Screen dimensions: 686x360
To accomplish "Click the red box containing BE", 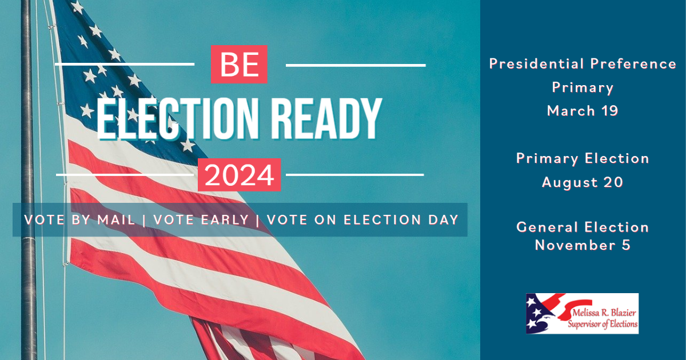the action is point(239,64).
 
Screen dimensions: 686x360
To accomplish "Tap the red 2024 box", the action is point(239,175).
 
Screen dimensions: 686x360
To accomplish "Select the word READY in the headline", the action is point(326,119).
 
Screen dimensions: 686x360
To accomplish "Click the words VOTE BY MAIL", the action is point(79,220).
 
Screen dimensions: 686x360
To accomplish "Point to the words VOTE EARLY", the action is point(201,220).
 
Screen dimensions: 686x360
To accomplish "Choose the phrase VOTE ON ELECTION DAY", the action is point(362,220).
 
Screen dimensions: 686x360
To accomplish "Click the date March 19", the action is point(583,111).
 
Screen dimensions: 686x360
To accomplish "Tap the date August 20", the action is point(583,182).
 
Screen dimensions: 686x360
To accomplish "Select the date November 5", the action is point(583,245).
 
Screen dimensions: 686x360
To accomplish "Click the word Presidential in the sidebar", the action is point(537,64).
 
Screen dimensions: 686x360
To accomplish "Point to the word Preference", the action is point(633,64).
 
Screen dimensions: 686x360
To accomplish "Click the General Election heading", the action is point(583,227).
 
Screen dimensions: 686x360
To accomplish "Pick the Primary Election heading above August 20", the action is point(583,159).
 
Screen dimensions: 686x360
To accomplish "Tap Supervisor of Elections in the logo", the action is point(603,324).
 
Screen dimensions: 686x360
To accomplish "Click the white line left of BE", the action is point(125,64).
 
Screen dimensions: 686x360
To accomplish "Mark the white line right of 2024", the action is point(354,175).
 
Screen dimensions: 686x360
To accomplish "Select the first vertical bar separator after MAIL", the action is point(144,221).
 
